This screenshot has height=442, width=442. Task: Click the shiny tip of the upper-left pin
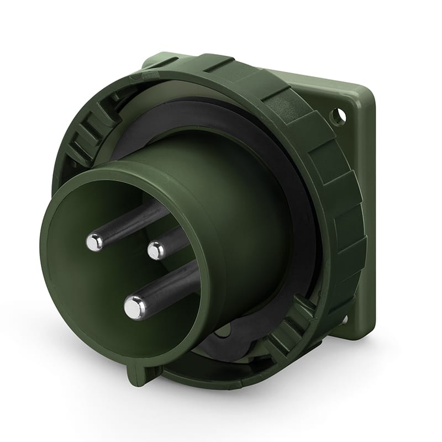point(94,241)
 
